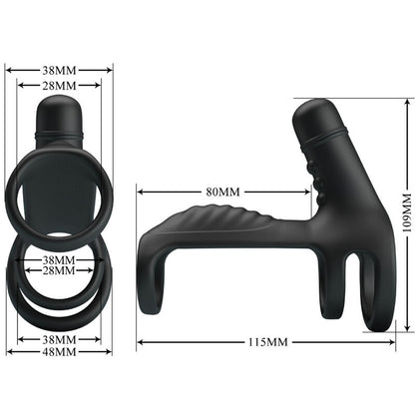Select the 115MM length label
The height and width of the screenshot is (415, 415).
(266, 342)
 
